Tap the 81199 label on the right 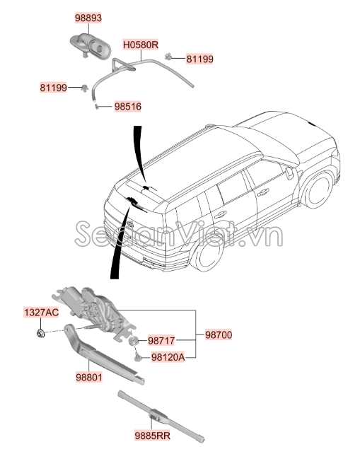(x=200, y=59)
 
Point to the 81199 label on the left (x=53, y=88)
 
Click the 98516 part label (x=128, y=107)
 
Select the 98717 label (x=161, y=341)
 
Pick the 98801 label (x=90, y=378)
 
